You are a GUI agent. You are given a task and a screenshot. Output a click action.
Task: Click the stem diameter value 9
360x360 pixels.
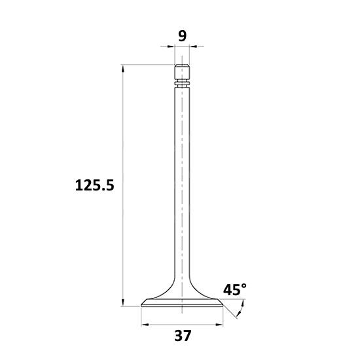coord(183,36)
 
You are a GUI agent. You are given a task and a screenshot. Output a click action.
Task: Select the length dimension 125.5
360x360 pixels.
coord(95,185)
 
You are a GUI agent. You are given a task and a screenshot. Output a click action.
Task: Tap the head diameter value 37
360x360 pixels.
coord(183,336)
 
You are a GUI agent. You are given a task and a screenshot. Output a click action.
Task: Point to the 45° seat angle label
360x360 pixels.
coord(235,289)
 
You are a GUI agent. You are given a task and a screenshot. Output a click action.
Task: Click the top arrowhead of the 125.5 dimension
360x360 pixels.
coord(123,69)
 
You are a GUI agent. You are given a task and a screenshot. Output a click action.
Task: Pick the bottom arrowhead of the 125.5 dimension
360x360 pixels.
coord(123,302)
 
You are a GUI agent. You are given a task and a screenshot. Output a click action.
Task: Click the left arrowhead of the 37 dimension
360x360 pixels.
coord(145,325)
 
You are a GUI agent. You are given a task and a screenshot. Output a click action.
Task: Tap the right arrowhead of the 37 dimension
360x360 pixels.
coord(219,325)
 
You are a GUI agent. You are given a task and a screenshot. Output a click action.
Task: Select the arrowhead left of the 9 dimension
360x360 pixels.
coord(171,46)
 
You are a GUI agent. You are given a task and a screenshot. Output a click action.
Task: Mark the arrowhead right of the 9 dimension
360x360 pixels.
coord(193,46)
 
